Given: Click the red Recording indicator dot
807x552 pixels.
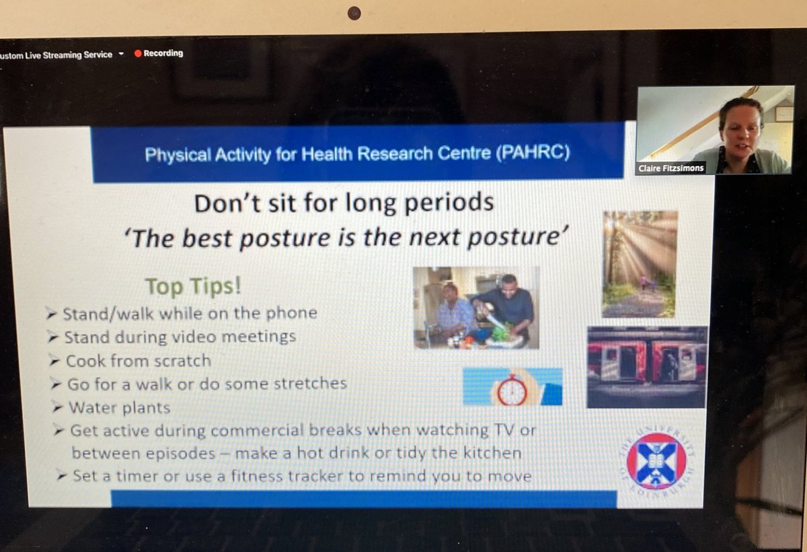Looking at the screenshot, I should [138, 54].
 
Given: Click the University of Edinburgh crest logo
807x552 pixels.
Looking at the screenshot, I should [656, 461].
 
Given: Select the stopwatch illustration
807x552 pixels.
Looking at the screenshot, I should [512, 388].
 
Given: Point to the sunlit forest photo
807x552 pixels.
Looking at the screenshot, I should [640, 263].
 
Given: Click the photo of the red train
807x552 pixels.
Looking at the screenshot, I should [647, 367].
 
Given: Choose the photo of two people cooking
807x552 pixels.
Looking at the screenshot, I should [476, 307].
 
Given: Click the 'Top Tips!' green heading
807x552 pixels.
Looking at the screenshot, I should [194, 286].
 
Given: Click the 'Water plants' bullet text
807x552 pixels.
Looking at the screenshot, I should [120, 407].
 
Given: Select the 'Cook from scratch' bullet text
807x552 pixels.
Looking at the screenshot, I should [138, 361].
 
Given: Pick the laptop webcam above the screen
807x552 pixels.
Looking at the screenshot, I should [354, 13].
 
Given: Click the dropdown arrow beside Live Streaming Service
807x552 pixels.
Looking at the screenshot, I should [121, 54].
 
